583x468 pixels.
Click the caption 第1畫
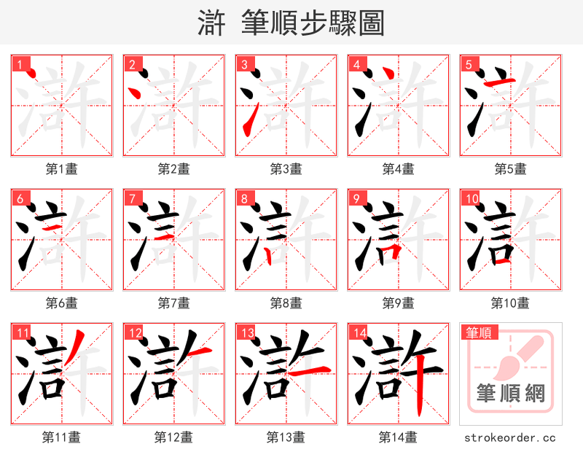[x=62, y=169]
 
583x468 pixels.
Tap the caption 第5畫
[x=510, y=169]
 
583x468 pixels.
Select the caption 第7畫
[x=173, y=303]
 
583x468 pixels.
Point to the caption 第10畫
[x=510, y=303]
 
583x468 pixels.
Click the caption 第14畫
[x=398, y=437]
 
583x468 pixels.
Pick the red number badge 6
[x=20, y=199]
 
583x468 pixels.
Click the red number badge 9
[x=356, y=199]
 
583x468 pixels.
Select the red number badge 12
[x=134, y=334]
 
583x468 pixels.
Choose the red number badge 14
[x=359, y=334]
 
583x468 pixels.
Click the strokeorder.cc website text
[x=510, y=437]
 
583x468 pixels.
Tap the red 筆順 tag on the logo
[x=478, y=333]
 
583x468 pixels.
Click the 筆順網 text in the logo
[x=511, y=394]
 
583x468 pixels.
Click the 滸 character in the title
[x=212, y=23]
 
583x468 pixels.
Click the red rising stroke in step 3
[x=249, y=120]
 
